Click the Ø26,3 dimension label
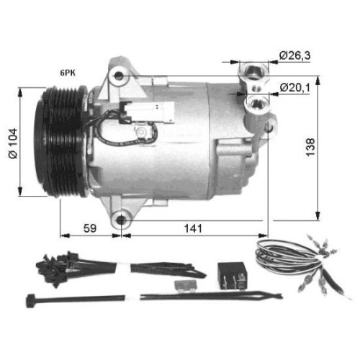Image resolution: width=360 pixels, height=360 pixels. (x=294, y=55)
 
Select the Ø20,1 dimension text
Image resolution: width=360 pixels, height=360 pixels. (x=294, y=87)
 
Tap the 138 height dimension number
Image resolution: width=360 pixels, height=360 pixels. (x=310, y=148)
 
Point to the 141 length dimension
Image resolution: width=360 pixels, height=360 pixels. (x=193, y=228)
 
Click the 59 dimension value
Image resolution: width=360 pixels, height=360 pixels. (x=90, y=228)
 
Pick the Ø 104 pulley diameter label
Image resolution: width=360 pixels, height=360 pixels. (x=13, y=143)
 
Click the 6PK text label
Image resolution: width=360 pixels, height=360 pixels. (x=68, y=73)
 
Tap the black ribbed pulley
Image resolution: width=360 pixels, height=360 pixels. (x=61, y=142)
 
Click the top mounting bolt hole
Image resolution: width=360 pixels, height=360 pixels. (x=118, y=76)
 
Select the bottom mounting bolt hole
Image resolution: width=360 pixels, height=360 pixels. (x=121, y=220)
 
